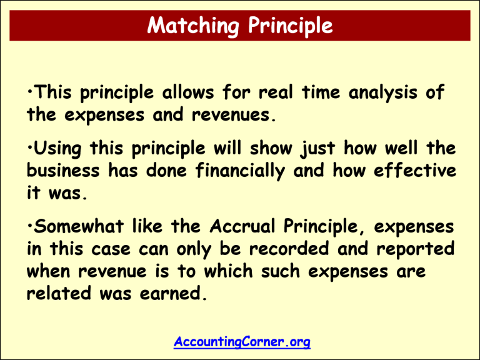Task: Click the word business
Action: click(x=61, y=171)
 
